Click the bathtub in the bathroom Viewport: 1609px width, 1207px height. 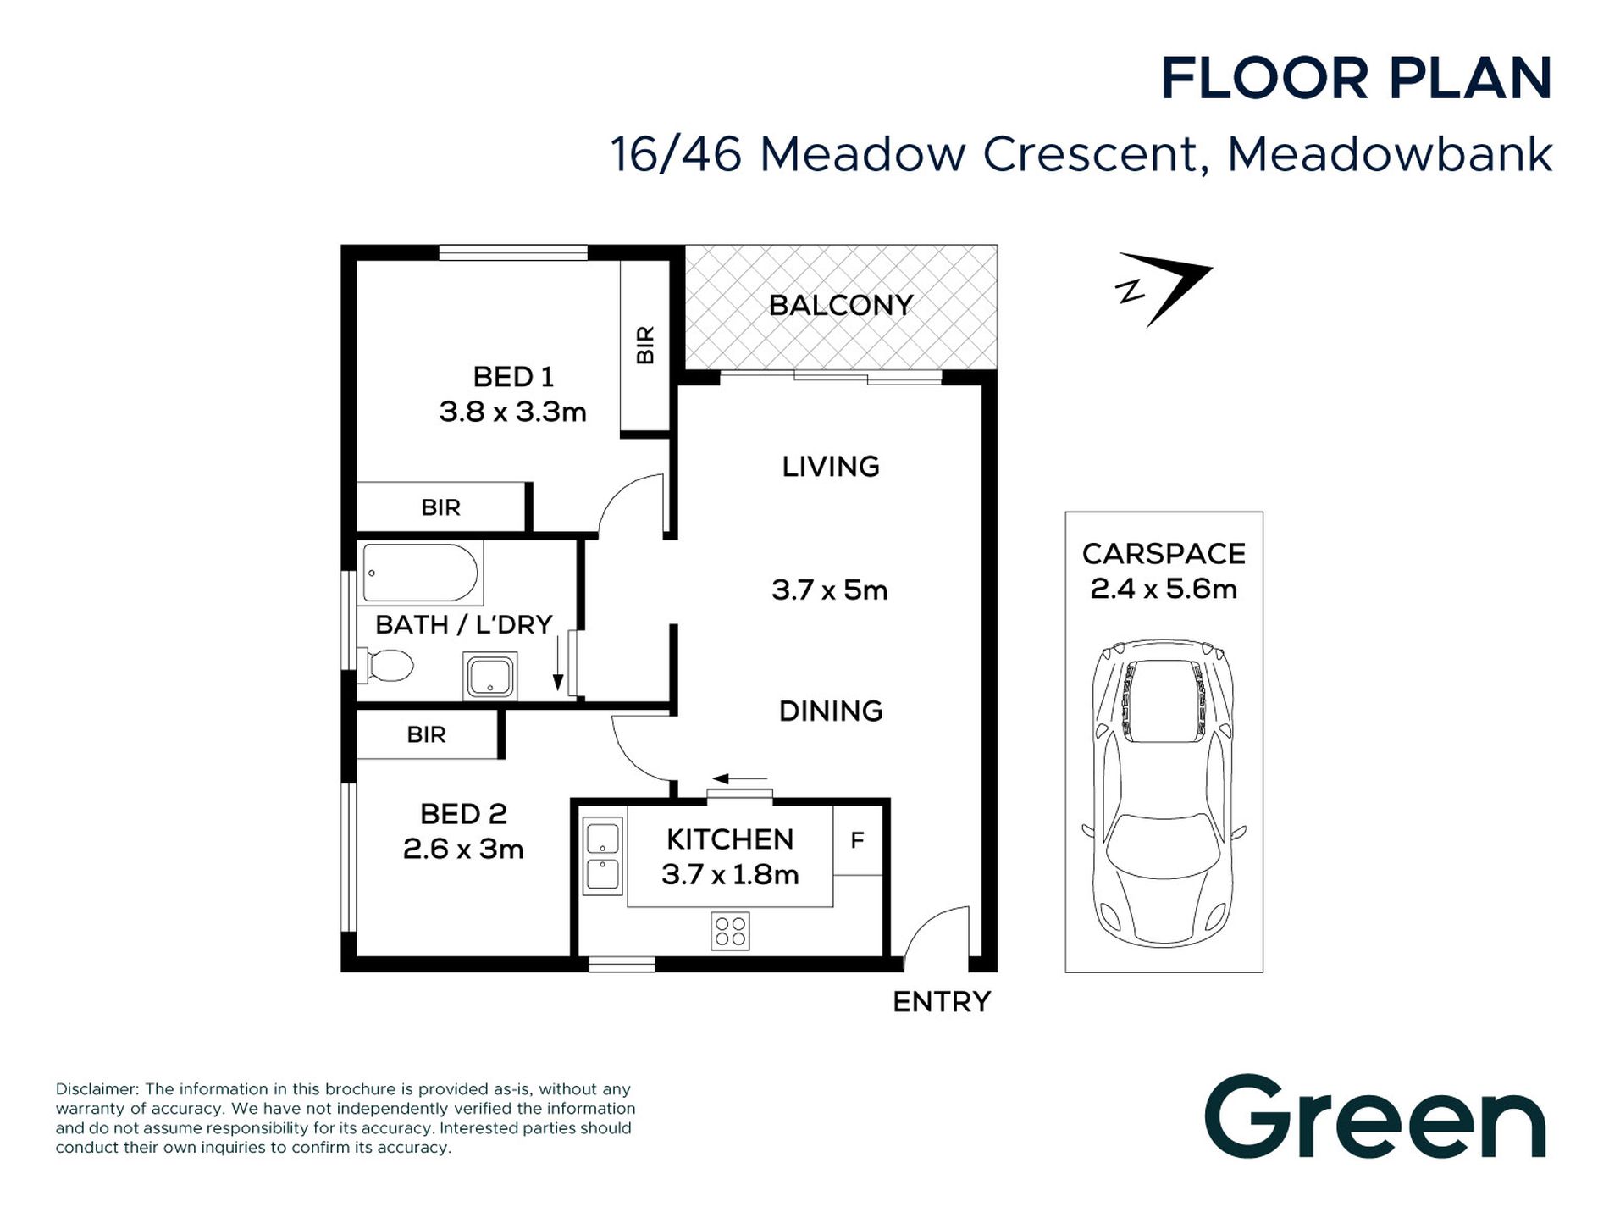pyautogui.click(x=421, y=573)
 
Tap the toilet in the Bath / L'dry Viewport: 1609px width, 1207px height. pyautogui.click(x=385, y=666)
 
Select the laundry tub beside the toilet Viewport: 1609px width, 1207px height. pyautogui.click(x=489, y=676)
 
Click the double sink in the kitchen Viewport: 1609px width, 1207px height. pyautogui.click(x=602, y=856)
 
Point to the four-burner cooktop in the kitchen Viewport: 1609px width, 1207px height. pyautogui.click(x=730, y=932)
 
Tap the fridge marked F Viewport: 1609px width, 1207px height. pyautogui.click(x=858, y=840)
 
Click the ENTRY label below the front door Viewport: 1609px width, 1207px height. pyautogui.click(x=942, y=1002)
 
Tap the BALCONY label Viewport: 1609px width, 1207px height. pyautogui.click(x=841, y=305)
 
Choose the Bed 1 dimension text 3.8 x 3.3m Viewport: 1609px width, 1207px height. pyautogui.click(x=513, y=412)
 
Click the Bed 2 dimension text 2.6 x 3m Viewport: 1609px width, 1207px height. pyautogui.click(x=463, y=849)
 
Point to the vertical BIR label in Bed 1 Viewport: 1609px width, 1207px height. pyautogui.click(x=645, y=345)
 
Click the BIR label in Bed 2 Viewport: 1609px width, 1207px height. pyautogui.click(x=426, y=734)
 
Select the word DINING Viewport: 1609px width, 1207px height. pyautogui.click(x=831, y=711)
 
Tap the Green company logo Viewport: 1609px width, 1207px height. pyautogui.click(x=1375, y=1116)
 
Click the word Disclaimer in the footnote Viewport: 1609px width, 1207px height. pyautogui.click(x=97, y=1089)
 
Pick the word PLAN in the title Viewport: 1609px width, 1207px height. pyautogui.click(x=1470, y=79)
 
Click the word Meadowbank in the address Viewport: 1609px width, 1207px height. pyautogui.click(x=1390, y=154)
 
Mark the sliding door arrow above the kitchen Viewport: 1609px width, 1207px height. pyautogui.click(x=740, y=778)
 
